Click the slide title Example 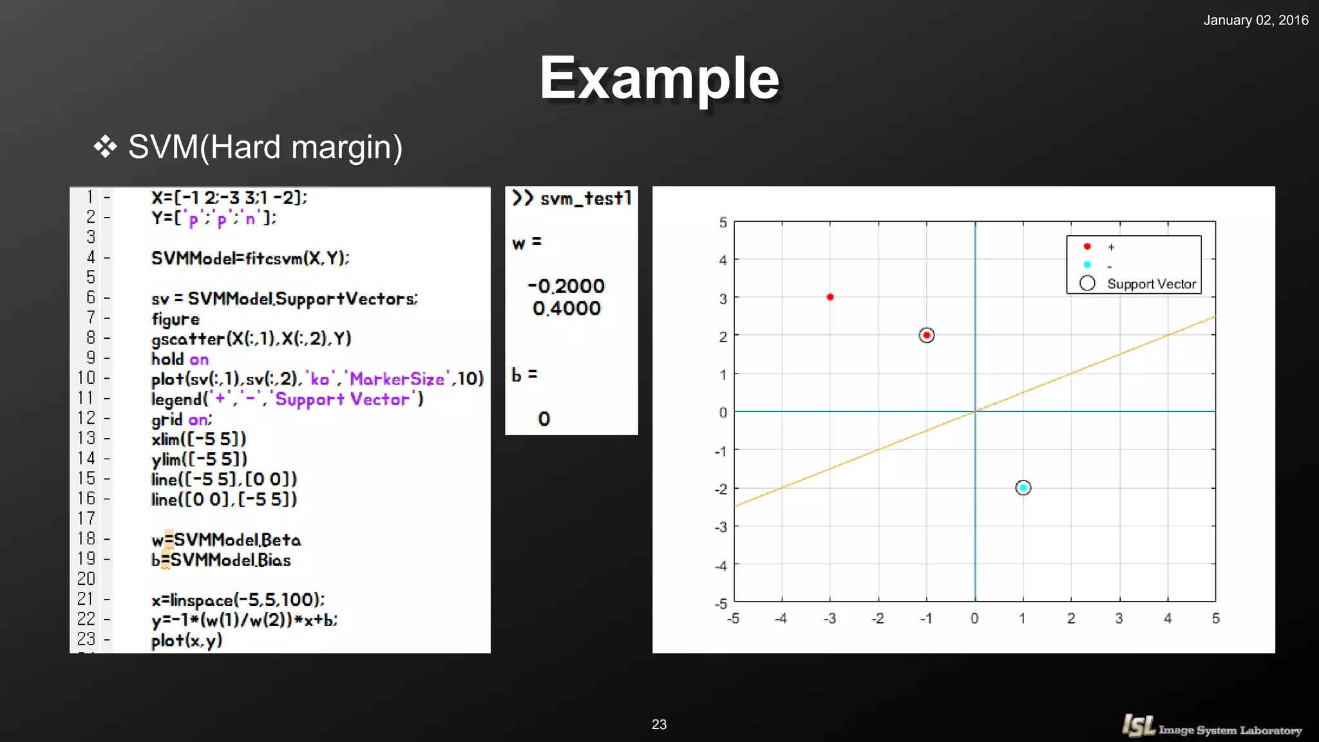pyautogui.click(x=659, y=79)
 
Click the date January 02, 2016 pyautogui.click(x=1255, y=20)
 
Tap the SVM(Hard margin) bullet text pyautogui.click(x=265, y=147)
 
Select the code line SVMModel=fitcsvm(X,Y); pyautogui.click(x=250, y=258)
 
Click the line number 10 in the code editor pyautogui.click(x=86, y=378)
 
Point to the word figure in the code pyautogui.click(x=175, y=319)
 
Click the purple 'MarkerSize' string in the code pyautogui.click(x=397, y=379)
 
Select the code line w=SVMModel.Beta pyautogui.click(x=226, y=540)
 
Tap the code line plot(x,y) pyautogui.click(x=187, y=640)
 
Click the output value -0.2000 pyautogui.click(x=566, y=286)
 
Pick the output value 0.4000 pyautogui.click(x=567, y=309)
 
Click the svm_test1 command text pyautogui.click(x=585, y=198)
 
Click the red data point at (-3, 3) pyautogui.click(x=830, y=297)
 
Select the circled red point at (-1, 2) pyautogui.click(x=926, y=335)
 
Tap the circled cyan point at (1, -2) pyautogui.click(x=1023, y=488)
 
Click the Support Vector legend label pyautogui.click(x=1151, y=284)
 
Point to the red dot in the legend pyautogui.click(x=1087, y=247)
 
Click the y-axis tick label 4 pyautogui.click(x=723, y=260)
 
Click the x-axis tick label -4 pyautogui.click(x=781, y=618)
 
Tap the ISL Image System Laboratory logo pyautogui.click(x=1211, y=727)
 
